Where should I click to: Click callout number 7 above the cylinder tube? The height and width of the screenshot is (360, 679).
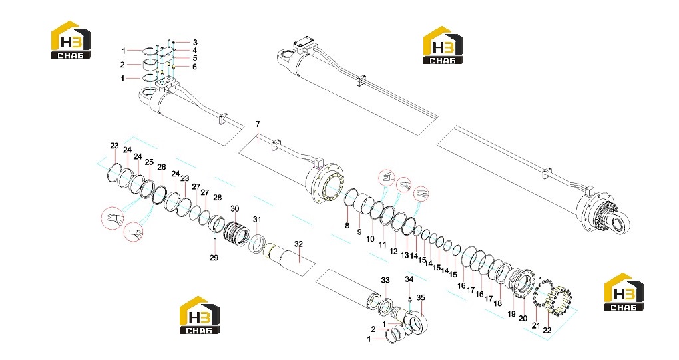coord(258,124)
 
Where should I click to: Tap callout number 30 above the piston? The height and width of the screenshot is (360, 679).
coord(234,208)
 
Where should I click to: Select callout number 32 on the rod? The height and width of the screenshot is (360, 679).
coord(298,244)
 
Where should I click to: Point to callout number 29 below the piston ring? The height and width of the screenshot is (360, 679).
coord(214,258)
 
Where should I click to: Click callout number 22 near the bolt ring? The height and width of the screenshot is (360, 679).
coord(547,329)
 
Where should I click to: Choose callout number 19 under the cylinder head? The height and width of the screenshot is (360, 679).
coord(511,314)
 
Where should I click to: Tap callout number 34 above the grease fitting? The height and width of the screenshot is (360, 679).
coord(409,279)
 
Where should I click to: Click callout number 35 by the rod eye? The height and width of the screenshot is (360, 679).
coord(421,297)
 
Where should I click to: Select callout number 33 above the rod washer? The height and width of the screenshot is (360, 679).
coord(385,280)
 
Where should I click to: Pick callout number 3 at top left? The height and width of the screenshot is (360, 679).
coord(195,43)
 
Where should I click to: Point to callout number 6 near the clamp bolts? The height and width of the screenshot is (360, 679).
coord(194,67)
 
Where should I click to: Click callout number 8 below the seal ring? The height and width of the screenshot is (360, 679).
coord(347,226)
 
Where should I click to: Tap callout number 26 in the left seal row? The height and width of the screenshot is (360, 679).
coord(162,167)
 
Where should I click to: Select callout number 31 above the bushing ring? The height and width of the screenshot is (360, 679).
coord(257,220)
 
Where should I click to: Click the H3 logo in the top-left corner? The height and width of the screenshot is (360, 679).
coord(71,40)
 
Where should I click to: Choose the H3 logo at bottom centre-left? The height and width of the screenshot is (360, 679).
coord(200,315)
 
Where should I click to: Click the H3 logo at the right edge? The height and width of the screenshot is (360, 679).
coord(624,292)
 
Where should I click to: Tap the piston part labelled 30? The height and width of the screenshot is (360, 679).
coord(236,233)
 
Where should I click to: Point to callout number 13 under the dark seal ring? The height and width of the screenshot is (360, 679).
coord(405,256)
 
